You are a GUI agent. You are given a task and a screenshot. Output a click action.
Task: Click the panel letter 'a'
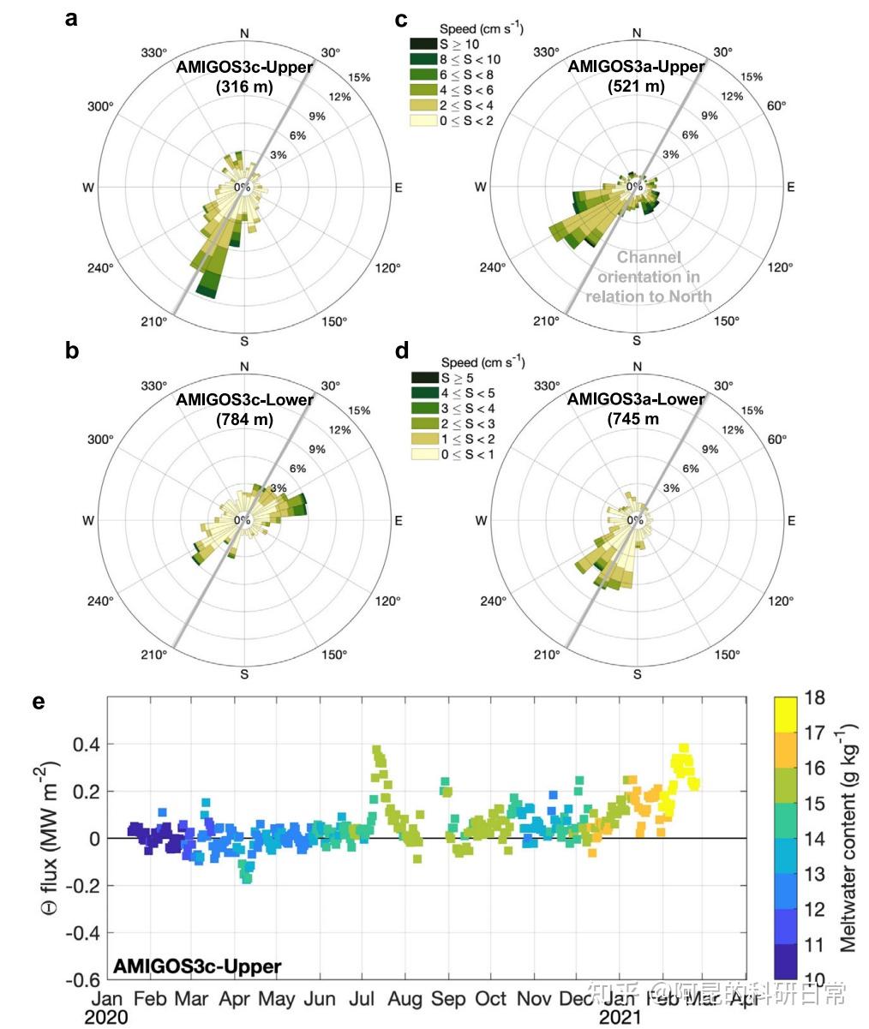coord(72,19)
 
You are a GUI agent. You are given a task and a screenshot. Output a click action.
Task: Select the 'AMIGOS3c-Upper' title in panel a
coord(245,67)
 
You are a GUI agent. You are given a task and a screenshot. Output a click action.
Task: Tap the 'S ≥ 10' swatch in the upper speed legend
coord(424,44)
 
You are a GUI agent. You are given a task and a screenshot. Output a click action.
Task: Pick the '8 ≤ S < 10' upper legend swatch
coord(424,59)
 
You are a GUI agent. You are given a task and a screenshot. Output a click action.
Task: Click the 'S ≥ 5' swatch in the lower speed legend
coord(424,377)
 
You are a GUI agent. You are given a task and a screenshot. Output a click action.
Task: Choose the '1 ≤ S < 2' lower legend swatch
coord(424,439)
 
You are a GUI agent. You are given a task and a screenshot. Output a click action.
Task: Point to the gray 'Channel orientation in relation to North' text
coord(649,276)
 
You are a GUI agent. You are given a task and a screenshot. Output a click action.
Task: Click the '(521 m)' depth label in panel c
coord(636,86)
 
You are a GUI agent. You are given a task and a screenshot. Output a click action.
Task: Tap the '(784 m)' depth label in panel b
coord(245,419)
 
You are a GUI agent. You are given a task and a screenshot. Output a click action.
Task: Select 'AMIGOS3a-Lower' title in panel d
coord(636,399)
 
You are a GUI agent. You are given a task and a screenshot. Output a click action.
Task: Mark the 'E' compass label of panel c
coord(791,187)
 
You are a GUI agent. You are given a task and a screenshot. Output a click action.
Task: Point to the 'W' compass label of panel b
coord(87,520)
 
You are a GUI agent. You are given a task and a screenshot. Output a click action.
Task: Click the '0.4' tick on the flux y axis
coord(87,745)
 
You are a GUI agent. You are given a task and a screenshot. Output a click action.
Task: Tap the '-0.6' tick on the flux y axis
coord(82,979)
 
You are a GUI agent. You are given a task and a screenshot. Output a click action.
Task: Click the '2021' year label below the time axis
coord(620,1017)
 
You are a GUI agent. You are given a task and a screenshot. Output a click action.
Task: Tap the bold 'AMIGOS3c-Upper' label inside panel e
coord(196,967)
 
